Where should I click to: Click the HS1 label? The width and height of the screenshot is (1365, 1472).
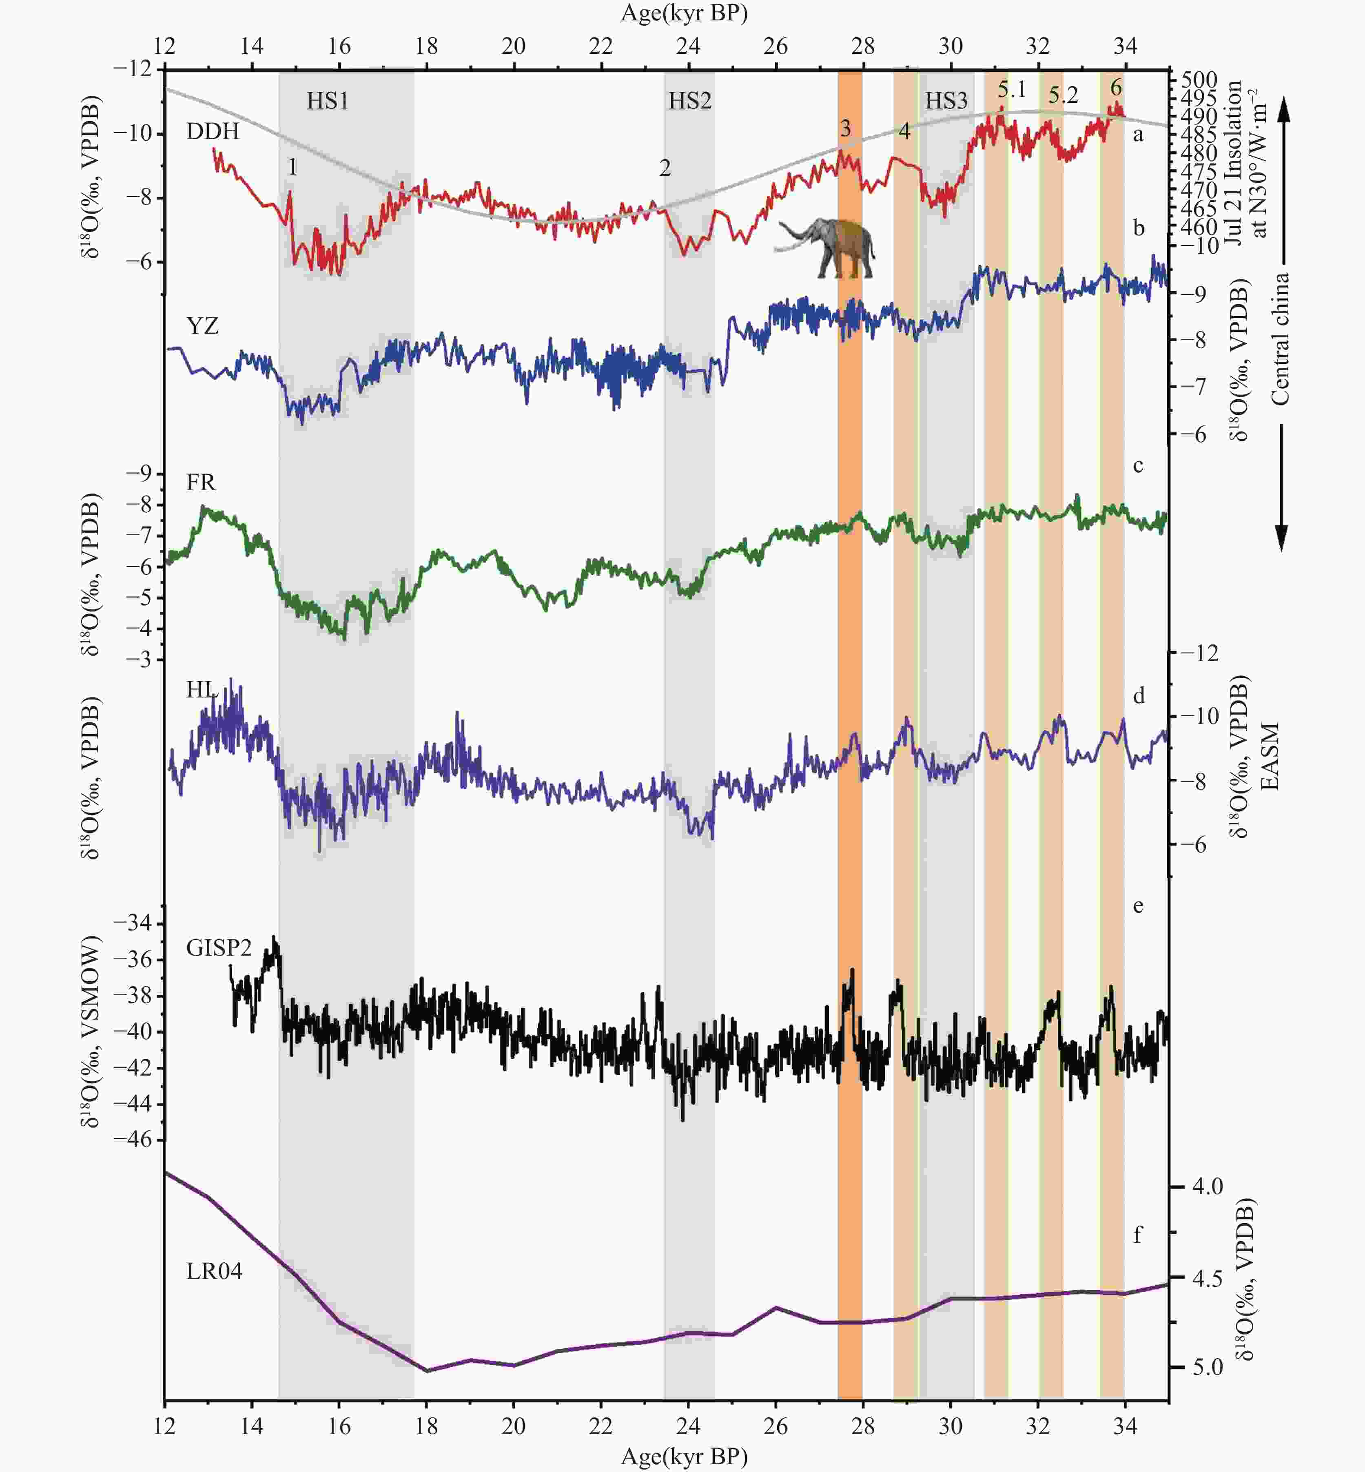point(327,100)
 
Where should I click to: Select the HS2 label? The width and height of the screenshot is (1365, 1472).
point(690,100)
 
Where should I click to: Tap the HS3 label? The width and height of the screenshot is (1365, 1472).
point(946,100)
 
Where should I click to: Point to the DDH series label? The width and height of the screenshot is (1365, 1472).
point(213,131)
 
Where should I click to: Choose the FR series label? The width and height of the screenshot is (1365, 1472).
point(201,482)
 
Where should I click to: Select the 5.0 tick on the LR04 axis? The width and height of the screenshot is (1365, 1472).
point(1208,1367)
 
